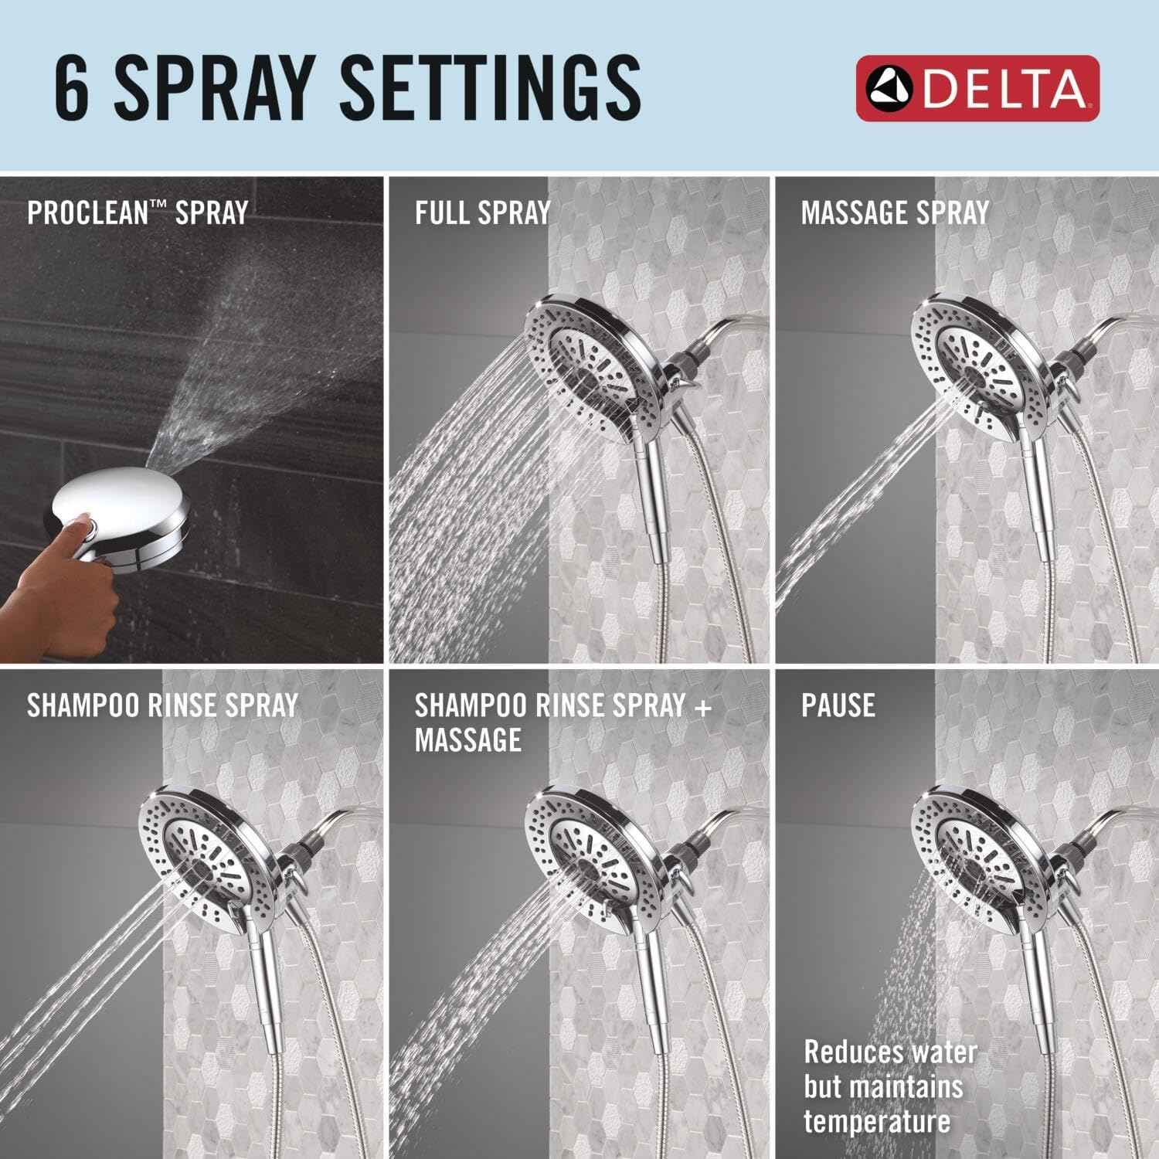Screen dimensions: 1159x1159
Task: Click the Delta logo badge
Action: pos(977,88)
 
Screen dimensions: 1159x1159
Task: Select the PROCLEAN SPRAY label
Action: pos(138,212)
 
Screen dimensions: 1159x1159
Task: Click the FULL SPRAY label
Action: pos(482,212)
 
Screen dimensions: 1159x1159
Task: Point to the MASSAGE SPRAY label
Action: pos(895,212)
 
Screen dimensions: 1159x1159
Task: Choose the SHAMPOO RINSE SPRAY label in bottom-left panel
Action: pos(162,705)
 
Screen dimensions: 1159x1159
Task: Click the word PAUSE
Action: pos(838,705)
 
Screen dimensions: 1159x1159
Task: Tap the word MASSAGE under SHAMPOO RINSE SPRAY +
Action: pos(467,740)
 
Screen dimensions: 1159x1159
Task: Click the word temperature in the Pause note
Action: pos(877,1121)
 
